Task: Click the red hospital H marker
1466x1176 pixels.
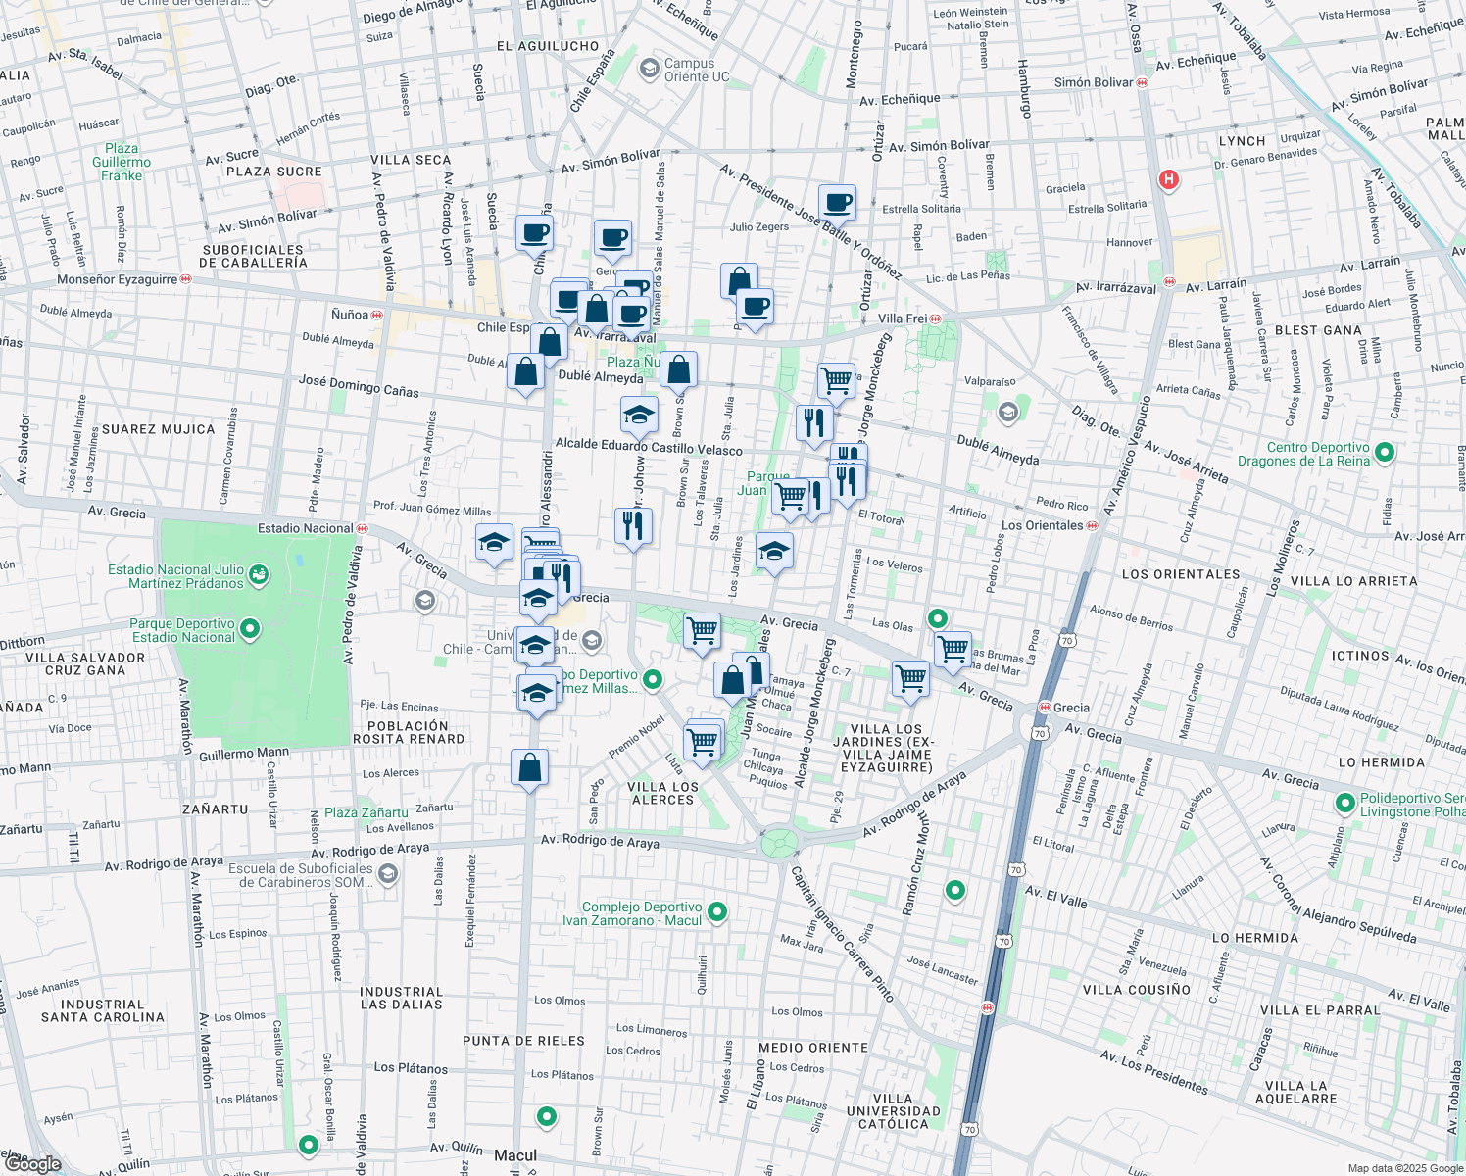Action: pyautogui.click(x=1168, y=179)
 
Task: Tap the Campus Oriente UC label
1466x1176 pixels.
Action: pyautogui.click(x=696, y=70)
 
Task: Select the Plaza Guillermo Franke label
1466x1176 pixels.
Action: pyautogui.click(x=122, y=163)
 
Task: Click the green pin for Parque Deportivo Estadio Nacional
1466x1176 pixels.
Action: pyautogui.click(x=250, y=628)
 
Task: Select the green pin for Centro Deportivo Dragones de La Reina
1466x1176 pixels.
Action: pyautogui.click(x=1385, y=453)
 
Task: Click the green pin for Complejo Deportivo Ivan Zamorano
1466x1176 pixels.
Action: pyautogui.click(x=717, y=911)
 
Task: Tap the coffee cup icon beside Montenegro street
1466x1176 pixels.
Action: pyautogui.click(x=837, y=203)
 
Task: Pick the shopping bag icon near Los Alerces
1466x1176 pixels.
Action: pyautogui.click(x=529, y=767)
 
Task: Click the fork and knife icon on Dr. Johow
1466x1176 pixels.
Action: pyautogui.click(x=633, y=526)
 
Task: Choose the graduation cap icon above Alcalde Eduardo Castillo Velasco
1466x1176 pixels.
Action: pyautogui.click(x=639, y=415)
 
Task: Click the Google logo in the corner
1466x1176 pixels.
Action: pyautogui.click(x=32, y=1164)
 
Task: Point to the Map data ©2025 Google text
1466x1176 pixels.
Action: pyautogui.click(x=1404, y=1168)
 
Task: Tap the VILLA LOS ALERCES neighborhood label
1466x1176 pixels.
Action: pyautogui.click(x=662, y=794)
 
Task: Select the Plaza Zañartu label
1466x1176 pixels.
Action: pyautogui.click(x=366, y=812)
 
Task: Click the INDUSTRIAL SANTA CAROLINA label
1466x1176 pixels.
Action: pyautogui.click(x=102, y=1010)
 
